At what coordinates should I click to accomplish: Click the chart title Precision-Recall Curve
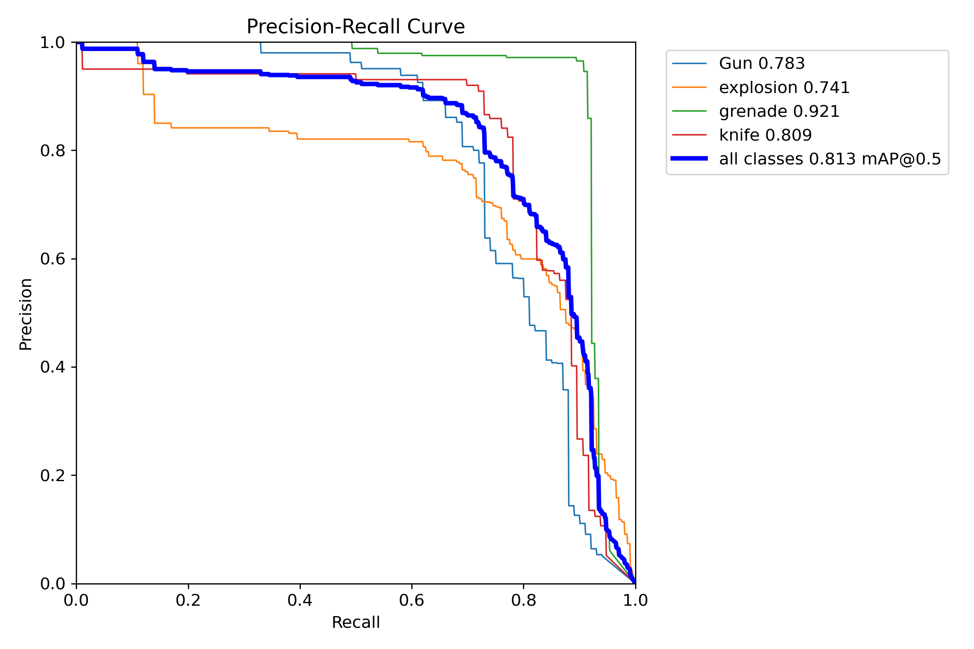pyautogui.click(x=355, y=27)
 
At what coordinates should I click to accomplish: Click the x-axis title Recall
pyautogui.click(x=355, y=623)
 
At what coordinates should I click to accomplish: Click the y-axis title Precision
pyautogui.click(x=26, y=314)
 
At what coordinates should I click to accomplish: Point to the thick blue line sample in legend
pyautogui.click(x=689, y=159)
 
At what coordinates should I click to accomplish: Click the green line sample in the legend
pyautogui.click(x=689, y=111)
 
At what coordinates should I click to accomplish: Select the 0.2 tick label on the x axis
pyautogui.click(x=188, y=601)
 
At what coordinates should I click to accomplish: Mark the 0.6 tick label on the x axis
pyautogui.click(x=412, y=601)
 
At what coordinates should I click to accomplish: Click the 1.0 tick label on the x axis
pyautogui.click(x=635, y=601)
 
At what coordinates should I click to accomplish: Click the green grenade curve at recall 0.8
pyautogui.click(x=524, y=58)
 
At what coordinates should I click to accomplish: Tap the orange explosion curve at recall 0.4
pyautogui.click(x=300, y=139)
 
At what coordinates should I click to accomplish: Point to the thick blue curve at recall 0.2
pyautogui.click(x=188, y=71)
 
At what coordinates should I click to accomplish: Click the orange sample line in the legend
pyautogui.click(x=689, y=87)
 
